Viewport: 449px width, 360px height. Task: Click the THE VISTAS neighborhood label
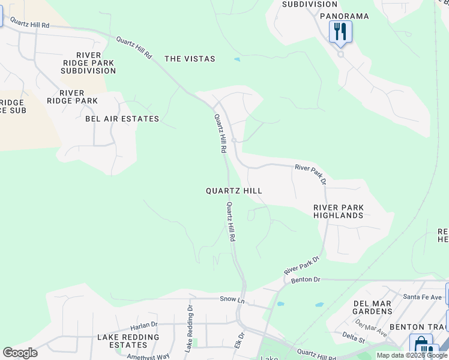coord(190,59)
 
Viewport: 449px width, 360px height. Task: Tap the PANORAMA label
coord(344,16)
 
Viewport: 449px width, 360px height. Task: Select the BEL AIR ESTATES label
coord(122,119)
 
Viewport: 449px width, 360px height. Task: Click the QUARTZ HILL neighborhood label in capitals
coord(234,190)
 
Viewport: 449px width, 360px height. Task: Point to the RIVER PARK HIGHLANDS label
coord(339,211)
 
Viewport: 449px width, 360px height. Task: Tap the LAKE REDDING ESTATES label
coord(128,341)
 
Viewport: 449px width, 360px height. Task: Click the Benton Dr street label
coord(306,280)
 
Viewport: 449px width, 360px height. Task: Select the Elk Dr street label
coord(241,340)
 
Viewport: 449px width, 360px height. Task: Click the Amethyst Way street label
coord(148,356)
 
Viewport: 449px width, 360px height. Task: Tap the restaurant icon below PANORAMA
coord(340,31)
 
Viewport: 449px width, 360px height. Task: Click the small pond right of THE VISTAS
coord(238,59)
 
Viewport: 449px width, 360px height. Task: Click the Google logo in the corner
coord(20,353)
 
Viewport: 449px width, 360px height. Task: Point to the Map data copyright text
coord(412,355)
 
